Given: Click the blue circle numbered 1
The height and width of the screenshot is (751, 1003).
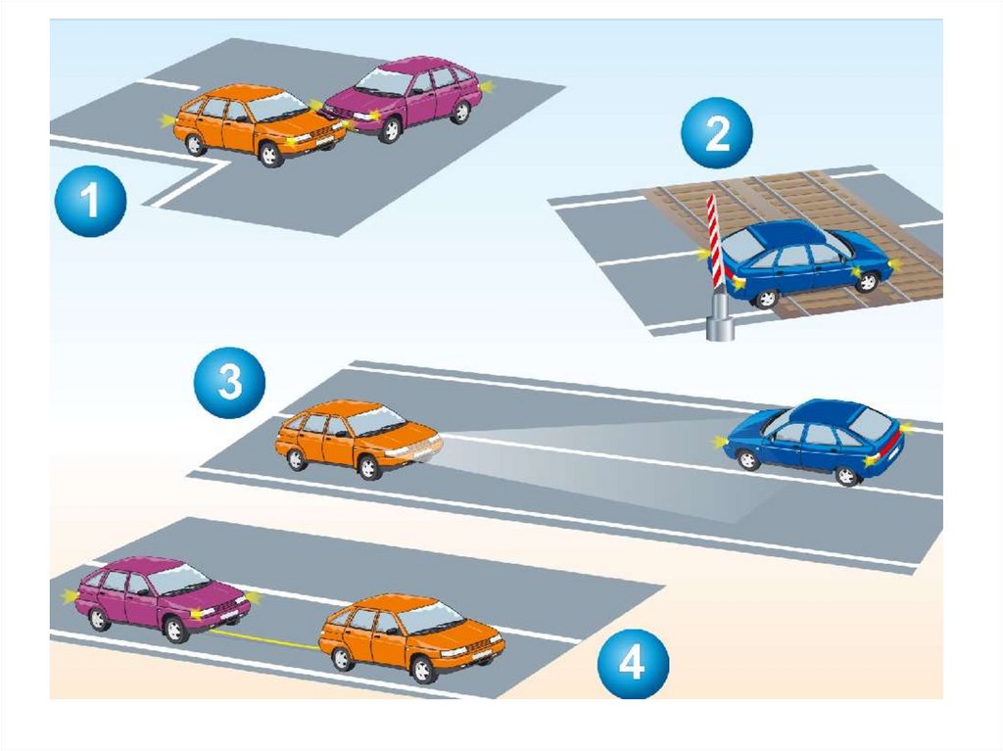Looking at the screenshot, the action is [x=90, y=201].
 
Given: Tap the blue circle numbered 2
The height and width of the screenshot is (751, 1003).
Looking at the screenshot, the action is [x=716, y=133].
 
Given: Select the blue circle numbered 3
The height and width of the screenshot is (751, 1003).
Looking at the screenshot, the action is [x=229, y=383].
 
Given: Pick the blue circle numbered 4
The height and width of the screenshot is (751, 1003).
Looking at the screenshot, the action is [x=634, y=663].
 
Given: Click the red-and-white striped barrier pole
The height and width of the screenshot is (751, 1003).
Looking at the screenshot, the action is [x=714, y=241].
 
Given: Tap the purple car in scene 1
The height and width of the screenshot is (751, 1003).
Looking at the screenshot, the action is [x=403, y=98].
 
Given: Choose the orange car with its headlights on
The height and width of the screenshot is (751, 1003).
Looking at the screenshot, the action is [x=358, y=439].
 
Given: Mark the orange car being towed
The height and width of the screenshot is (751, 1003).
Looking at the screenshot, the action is [x=412, y=636].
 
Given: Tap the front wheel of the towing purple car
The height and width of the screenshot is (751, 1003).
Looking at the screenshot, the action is [x=174, y=630].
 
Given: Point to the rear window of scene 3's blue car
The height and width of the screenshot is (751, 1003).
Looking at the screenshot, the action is [x=871, y=422].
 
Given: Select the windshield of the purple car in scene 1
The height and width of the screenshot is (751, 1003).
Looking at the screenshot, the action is [x=384, y=82].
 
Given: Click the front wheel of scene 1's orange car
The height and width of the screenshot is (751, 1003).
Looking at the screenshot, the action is [x=270, y=154].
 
